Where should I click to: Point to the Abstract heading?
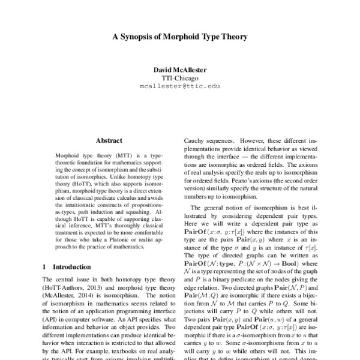tap(109, 140)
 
